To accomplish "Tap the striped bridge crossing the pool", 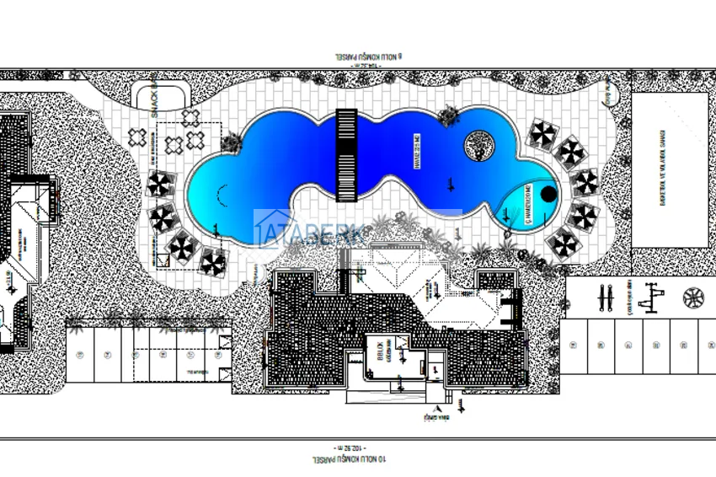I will [x=346, y=154].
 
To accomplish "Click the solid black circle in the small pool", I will [x=548, y=194].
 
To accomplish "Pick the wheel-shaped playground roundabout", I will [x=693, y=297].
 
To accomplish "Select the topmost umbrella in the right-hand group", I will [x=543, y=133].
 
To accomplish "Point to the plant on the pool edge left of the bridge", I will [x=231, y=143].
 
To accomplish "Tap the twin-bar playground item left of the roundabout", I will [x=603, y=297].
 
